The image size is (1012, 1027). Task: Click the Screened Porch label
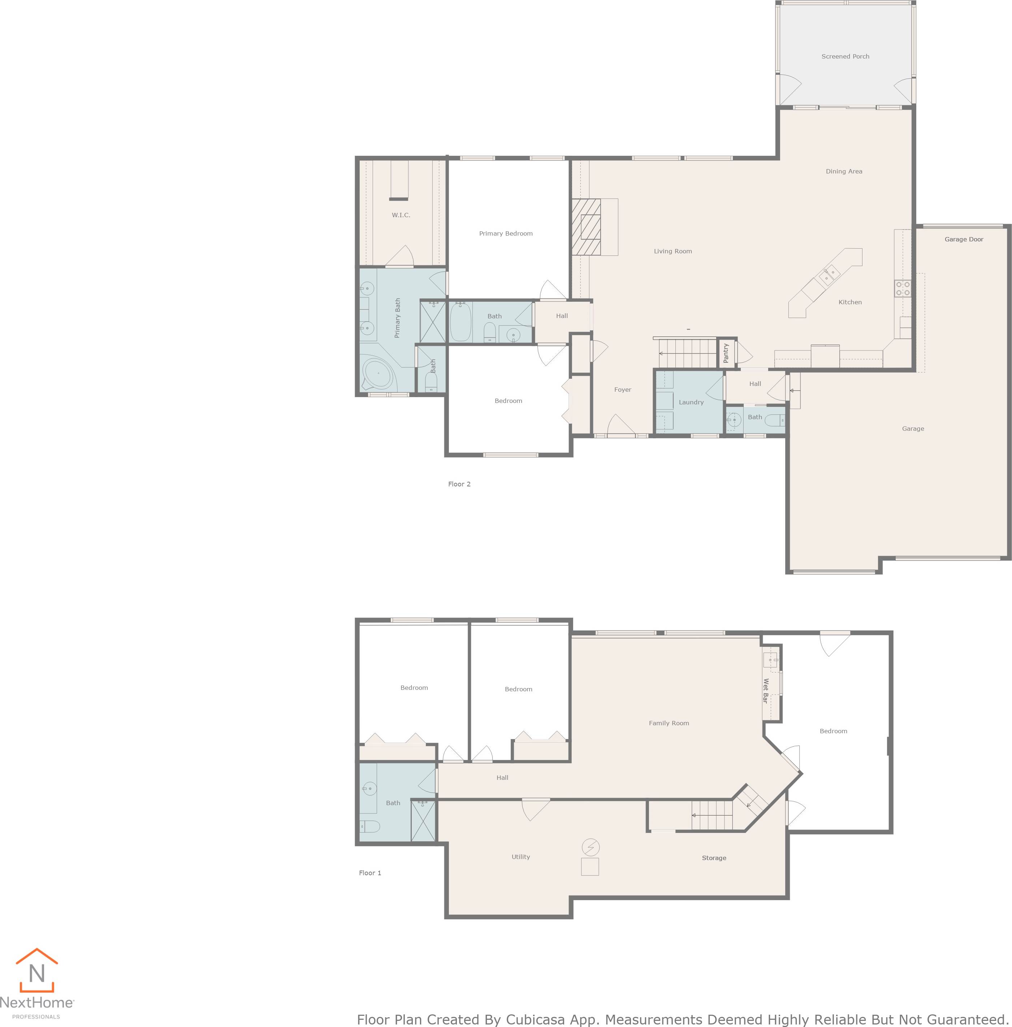tap(845, 56)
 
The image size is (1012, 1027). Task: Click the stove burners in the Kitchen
tap(902, 288)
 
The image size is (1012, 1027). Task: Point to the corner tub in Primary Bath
tap(377, 374)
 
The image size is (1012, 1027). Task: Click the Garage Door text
tap(963, 239)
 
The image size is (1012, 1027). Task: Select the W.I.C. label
tap(401, 215)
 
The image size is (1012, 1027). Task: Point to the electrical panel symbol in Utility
tap(590, 846)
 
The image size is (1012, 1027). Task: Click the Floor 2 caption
tap(459, 484)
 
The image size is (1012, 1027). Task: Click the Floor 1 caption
tap(370, 873)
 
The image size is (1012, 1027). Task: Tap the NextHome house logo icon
tap(36, 971)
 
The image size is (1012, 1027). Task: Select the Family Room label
tap(668, 723)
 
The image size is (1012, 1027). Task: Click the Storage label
tap(713, 858)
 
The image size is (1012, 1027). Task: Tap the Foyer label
tap(622, 390)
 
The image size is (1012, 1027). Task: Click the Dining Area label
tap(844, 171)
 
